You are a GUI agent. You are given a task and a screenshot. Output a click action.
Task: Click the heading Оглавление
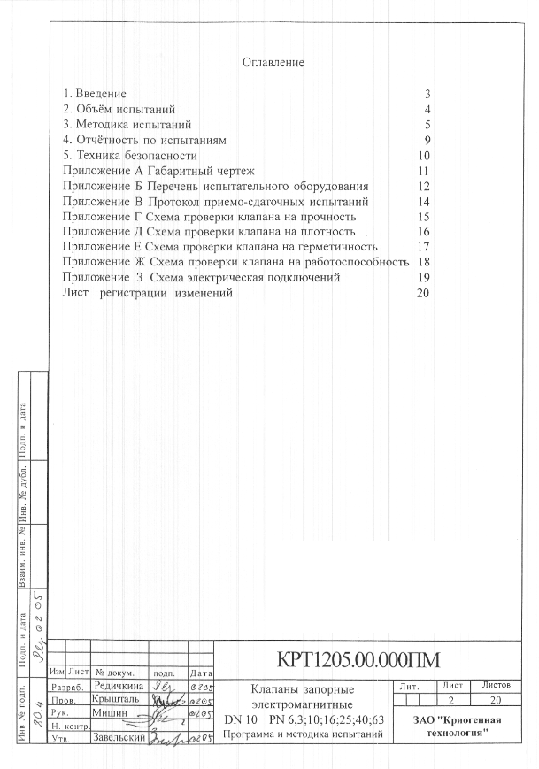pos(273,63)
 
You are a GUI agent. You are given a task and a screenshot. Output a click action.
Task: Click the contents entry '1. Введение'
pos(95,94)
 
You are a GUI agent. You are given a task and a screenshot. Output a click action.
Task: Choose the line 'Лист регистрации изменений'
pos(148,293)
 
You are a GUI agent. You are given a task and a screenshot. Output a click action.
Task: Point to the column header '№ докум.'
pos(113,673)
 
